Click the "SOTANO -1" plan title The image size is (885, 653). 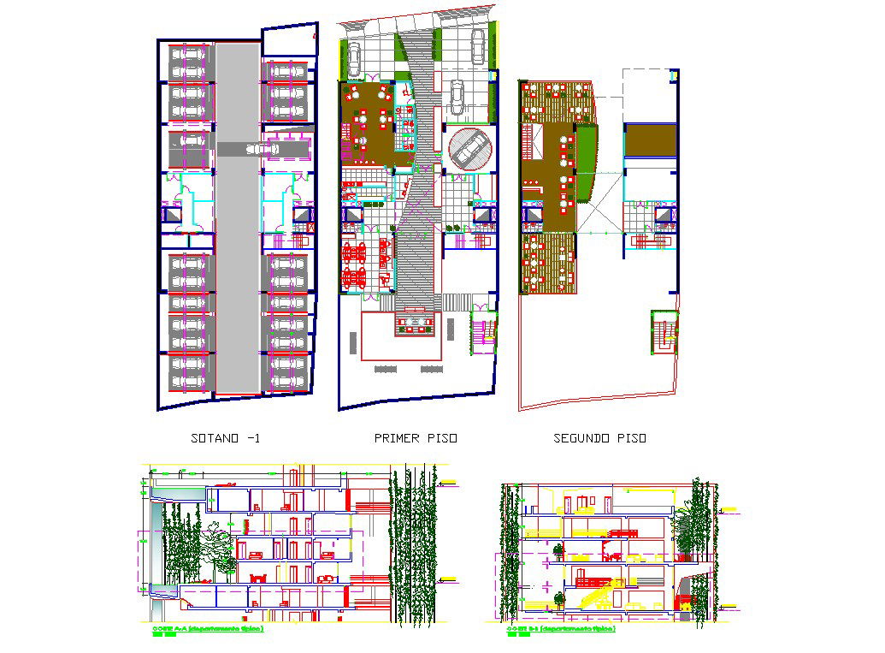pos(226,438)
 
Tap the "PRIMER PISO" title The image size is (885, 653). pos(416,438)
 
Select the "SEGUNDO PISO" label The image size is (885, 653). pos(600,438)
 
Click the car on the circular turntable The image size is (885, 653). pos(470,149)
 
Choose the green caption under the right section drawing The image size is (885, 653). pos(561,629)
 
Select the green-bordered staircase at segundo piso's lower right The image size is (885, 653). pos(664,332)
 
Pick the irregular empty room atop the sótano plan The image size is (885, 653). pos(287,39)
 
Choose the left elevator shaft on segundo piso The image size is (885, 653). pos(532,216)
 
